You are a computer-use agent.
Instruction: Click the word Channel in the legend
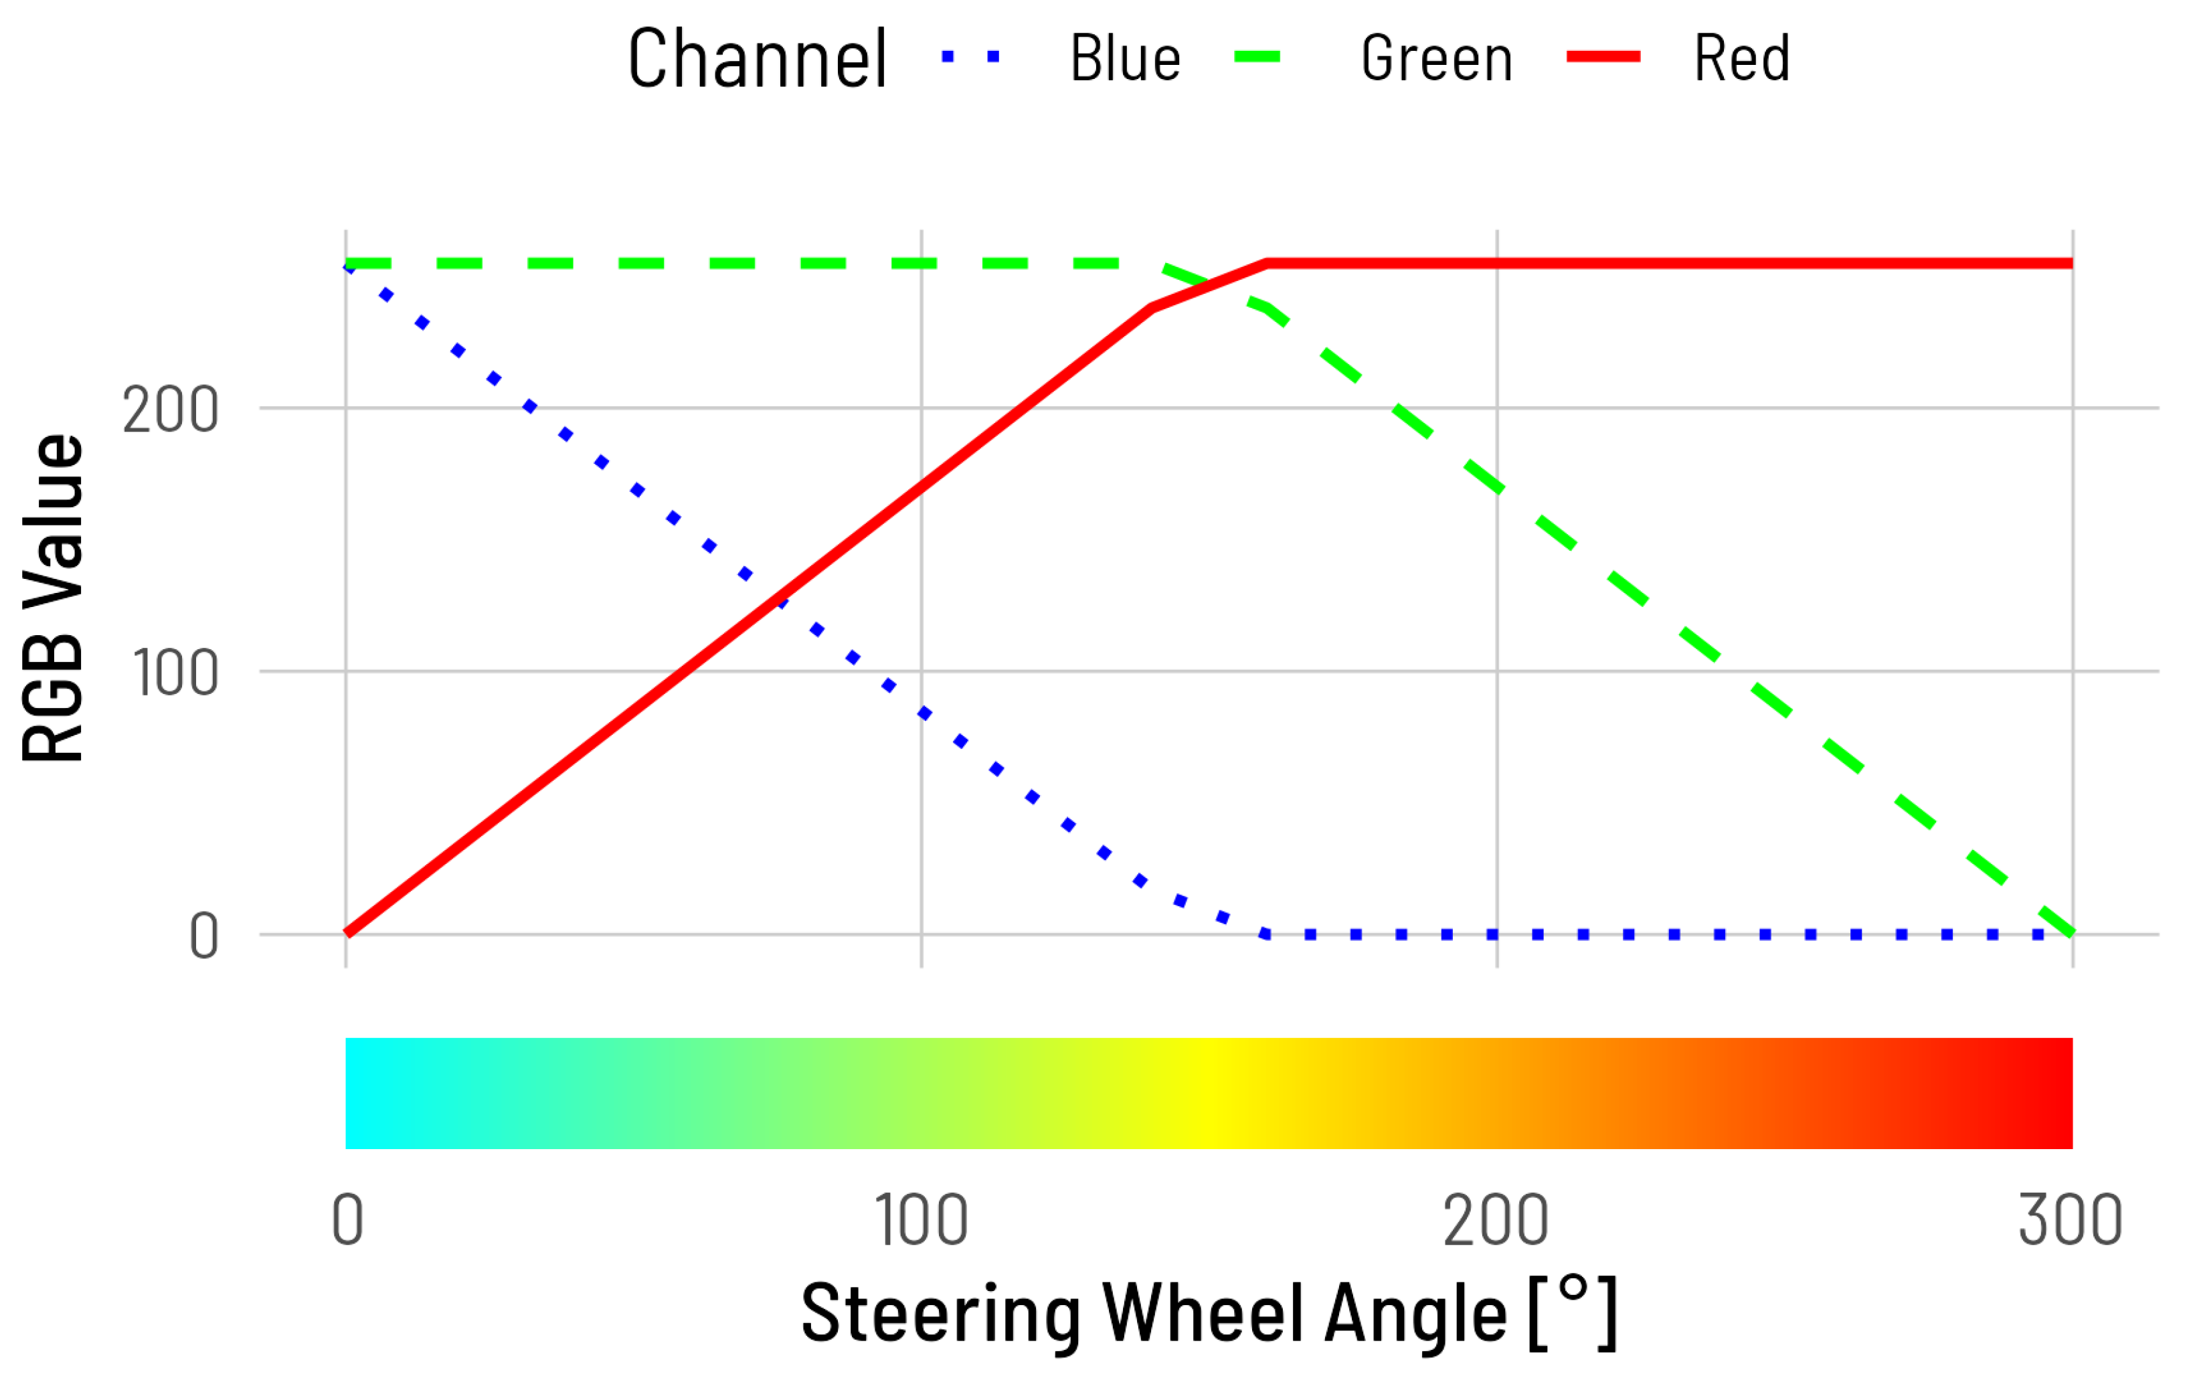coord(757,59)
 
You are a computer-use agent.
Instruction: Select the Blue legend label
coord(1125,59)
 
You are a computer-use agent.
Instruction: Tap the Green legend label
coord(1436,59)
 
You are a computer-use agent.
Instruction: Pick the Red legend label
coord(1741,59)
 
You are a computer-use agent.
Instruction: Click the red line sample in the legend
coord(1603,57)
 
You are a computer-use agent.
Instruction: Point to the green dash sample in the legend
coord(1257,57)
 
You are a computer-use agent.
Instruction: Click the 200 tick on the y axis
coord(171,410)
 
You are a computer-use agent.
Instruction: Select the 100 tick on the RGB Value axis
coord(175,673)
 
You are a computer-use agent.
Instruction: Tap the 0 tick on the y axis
coord(203,936)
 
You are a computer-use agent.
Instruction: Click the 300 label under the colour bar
coord(2070,1220)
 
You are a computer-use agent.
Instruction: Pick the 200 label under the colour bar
coord(1496,1220)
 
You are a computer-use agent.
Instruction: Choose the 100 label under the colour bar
coord(921,1220)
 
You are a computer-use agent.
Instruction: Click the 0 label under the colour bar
coord(347,1220)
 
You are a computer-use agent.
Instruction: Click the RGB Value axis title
coord(53,599)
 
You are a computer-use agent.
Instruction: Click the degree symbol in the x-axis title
coord(1573,1288)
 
